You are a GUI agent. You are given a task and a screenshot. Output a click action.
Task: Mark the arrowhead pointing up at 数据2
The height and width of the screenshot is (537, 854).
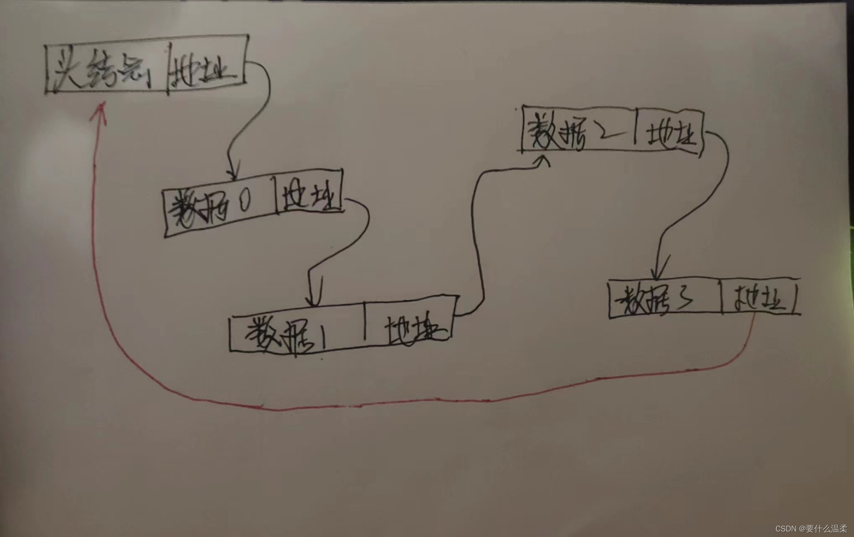tap(544, 160)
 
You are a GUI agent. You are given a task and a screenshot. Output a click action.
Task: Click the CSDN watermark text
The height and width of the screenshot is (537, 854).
tap(811, 529)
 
